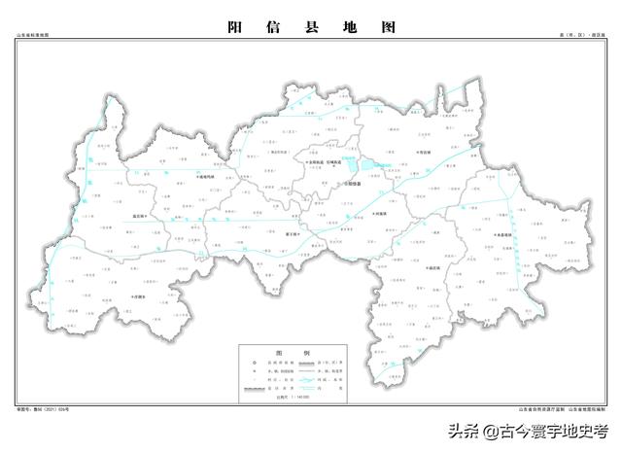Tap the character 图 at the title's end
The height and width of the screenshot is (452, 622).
pyautogui.click(x=389, y=28)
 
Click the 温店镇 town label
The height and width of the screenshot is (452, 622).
pyautogui.click(x=144, y=217)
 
